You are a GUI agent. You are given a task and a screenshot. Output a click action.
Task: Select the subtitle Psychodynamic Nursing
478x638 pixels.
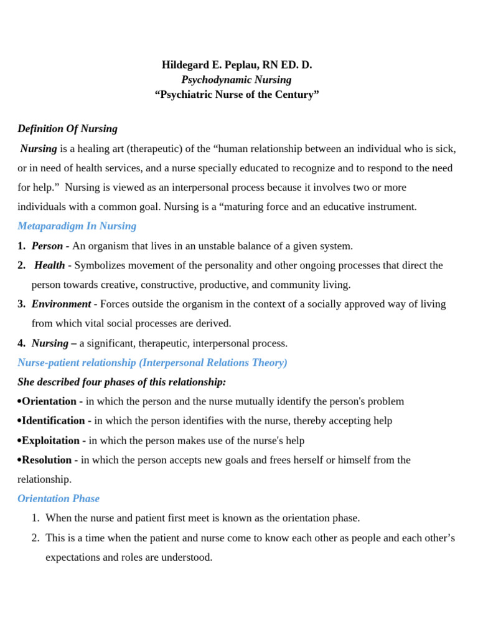[x=236, y=80]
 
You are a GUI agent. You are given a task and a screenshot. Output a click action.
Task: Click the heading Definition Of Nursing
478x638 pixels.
[x=67, y=129]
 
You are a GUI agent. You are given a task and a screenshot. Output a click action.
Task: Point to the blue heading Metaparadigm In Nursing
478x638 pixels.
[x=77, y=226]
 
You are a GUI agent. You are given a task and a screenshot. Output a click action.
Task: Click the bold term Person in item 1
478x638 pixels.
[x=47, y=246]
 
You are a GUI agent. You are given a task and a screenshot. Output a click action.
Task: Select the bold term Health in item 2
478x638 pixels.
[x=50, y=265]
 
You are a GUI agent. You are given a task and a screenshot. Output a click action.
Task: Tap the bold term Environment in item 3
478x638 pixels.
[x=61, y=304]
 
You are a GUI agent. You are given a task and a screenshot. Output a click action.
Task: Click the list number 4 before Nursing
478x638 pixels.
[x=21, y=343]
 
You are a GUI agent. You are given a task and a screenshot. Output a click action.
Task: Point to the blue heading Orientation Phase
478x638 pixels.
[x=59, y=498]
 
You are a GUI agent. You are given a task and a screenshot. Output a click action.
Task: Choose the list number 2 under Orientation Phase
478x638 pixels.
[x=35, y=538]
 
